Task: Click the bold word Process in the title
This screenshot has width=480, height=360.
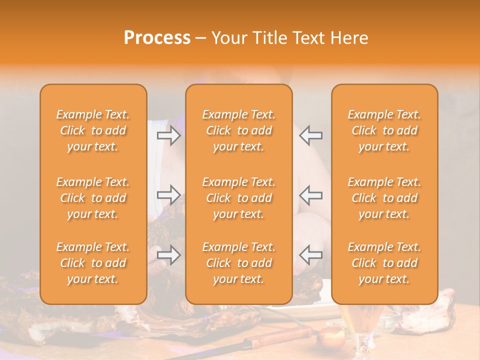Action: (157, 38)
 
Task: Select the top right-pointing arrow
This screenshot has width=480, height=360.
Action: (169, 135)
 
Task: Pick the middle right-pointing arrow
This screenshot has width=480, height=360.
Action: (169, 194)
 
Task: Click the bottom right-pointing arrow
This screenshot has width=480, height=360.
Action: (169, 255)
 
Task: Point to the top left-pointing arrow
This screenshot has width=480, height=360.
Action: (310, 135)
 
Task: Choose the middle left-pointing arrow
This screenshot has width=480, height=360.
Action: (310, 194)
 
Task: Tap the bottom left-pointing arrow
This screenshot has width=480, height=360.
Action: (310, 255)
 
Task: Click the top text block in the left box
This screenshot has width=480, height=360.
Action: (93, 130)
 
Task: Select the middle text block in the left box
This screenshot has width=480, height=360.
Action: (93, 198)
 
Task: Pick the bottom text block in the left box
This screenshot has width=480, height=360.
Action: (93, 263)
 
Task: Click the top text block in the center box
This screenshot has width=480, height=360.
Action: (239, 130)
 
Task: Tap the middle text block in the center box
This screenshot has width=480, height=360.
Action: (239, 198)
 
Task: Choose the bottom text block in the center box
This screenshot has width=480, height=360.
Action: (239, 263)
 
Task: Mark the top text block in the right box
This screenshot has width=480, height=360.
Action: (384, 130)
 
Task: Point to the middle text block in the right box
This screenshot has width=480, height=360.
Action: (384, 198)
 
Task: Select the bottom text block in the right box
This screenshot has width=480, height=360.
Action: (384, 263)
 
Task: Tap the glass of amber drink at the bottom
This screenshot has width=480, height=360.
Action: (360, 330)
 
